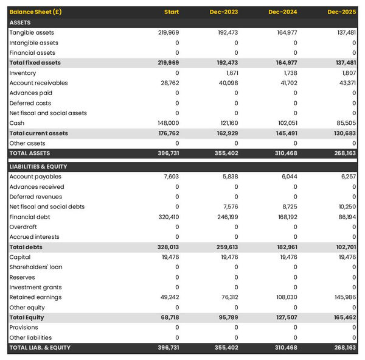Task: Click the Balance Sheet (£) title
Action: (x=35, y=12)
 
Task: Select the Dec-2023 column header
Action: (x=224, y=12)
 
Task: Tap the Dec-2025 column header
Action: (x=342, y=12)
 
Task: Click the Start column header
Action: (x=171, y=12)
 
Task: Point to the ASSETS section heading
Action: (x=20, y=23)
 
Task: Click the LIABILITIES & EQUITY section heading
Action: (x=38, y=166)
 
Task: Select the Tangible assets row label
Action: (x=32, y=32)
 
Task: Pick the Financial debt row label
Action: (x=30, y=217)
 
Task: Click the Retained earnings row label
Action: (x=35, y=297)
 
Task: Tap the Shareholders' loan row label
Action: (x=36, y=267)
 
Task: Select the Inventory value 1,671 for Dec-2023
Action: (x=230, y=73)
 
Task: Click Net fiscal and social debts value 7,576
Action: (x=230, y=206)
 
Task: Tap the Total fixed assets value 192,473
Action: (x=227, y=63)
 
